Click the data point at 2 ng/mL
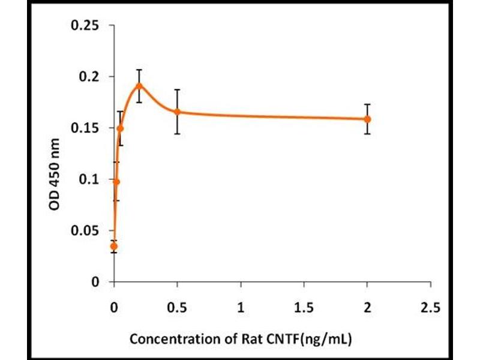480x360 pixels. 367,119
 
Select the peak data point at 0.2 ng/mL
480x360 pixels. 139,85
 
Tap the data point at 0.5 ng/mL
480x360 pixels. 177,112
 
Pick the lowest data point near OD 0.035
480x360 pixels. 114,246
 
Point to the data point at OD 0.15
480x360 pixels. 120,128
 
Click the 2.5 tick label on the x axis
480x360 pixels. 430,308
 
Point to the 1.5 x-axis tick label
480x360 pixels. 304,308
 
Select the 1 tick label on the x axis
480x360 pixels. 241,308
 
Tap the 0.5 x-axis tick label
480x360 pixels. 177,308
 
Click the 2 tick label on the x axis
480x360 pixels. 367,308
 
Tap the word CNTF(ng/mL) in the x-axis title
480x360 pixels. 314,339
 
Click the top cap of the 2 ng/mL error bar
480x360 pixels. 367,104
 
